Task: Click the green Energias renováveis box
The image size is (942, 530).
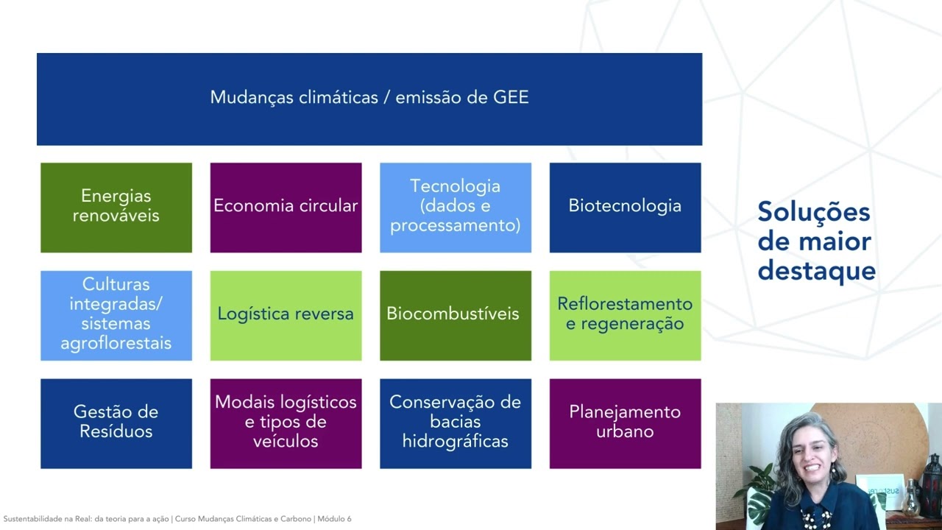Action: [x=116, y=207]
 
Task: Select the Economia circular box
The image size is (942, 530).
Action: [x=286, y=207]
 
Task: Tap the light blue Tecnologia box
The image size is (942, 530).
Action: [x=456, y=207]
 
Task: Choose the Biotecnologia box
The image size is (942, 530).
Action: [x=625, y=207]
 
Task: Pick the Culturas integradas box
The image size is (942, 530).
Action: [x=116, y=315]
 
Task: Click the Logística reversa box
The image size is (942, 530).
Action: [x=286, y=315]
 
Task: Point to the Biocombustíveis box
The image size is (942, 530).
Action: [x=456, y=315]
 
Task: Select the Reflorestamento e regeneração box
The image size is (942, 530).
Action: [x=625, y=315]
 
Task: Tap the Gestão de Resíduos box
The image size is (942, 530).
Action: [x=116, y=423]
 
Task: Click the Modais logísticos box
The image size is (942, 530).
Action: [x=286, y=423]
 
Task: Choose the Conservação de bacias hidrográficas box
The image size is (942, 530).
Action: [x=456, y=423]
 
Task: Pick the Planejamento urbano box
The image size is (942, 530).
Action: [x=625, y=423]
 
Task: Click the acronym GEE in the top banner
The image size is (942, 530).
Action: [x=511, y=98]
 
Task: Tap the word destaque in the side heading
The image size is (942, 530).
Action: [x=816, y=271]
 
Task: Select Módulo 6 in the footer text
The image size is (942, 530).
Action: [x=334, y=519]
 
